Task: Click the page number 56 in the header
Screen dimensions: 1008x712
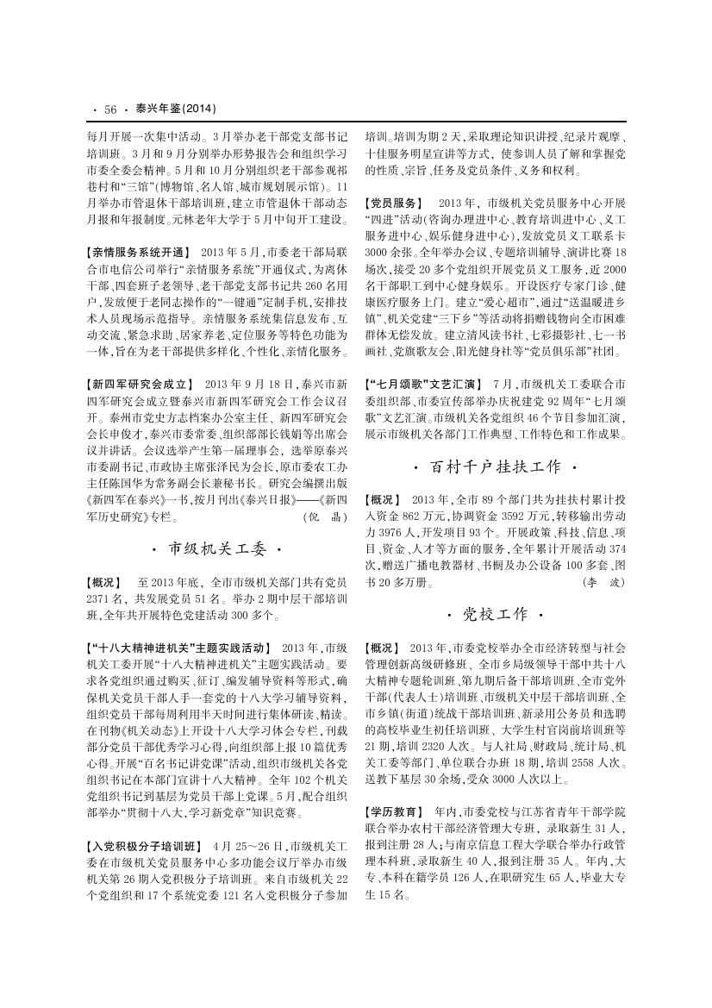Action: click(x=109, y=109)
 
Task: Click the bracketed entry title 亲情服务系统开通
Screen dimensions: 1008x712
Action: click(x=138, y=253)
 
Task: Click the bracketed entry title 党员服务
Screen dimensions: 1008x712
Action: click(x=394, y=203)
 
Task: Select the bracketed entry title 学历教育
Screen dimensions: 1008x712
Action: click(x=394, y=812)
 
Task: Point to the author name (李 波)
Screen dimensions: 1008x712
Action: click(x=603, y=582)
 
